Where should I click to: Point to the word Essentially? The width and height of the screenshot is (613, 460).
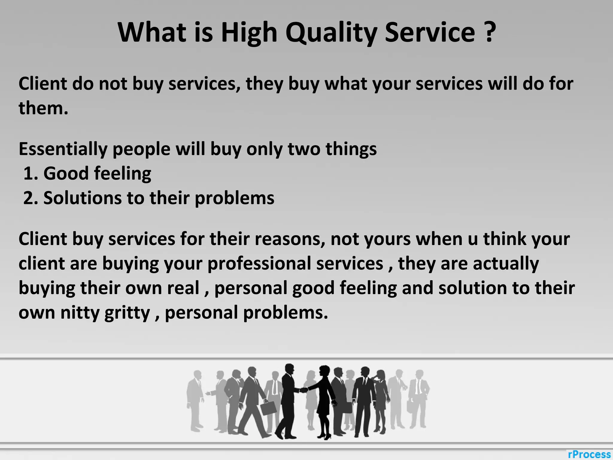(63, 149)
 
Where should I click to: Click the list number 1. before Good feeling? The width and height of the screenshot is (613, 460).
(31, 173)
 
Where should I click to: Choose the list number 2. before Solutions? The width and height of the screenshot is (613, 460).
(31, 198)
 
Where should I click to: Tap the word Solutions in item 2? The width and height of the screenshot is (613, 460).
(82, 198)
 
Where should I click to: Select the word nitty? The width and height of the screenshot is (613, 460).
(80, 313)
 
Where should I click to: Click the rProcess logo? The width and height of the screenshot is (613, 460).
(589, 454)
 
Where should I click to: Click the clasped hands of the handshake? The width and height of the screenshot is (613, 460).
(304, 390)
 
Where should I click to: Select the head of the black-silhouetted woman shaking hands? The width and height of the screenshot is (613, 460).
(324, 371)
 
